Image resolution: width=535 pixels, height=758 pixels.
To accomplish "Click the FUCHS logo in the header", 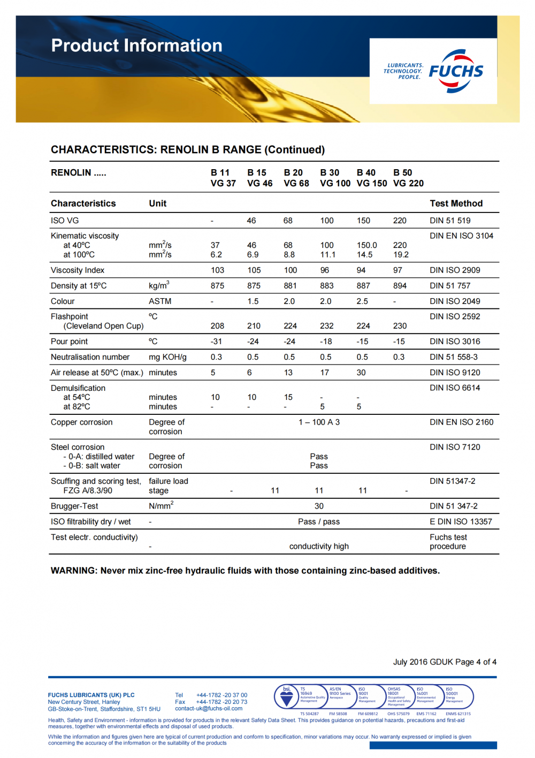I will (x=456, y=71).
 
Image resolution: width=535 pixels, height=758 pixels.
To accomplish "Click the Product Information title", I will (x=136, y=46).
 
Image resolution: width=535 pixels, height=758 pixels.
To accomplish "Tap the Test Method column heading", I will (x=456, y=203).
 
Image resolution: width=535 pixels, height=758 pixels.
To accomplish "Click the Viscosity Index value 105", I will (x=254, y=270).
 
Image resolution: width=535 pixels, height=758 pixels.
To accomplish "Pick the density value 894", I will (x=400, y=286).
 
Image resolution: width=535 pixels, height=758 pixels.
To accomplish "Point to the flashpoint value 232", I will (x=327, y=326).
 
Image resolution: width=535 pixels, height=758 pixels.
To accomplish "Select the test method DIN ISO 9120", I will (x=455, y=373).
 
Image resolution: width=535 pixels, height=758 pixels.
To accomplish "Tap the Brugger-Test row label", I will (x=74, y=506).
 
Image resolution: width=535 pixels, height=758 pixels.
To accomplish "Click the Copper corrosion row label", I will (x=81, y=422).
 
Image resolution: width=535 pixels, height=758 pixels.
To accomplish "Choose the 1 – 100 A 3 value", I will (x=319, y=422).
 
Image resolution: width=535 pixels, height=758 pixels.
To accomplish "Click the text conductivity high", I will (x=319, y=547).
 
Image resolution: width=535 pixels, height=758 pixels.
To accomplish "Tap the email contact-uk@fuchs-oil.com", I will (x=209, y=709).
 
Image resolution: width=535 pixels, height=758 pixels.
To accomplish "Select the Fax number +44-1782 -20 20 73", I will (x=221, y=702).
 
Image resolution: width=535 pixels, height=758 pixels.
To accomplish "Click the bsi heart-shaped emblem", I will (x=287, y=698).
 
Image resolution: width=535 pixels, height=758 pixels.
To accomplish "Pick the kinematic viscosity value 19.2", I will (x=401, y=255).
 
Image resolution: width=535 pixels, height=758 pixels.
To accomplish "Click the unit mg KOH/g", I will (x=167, y=357).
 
